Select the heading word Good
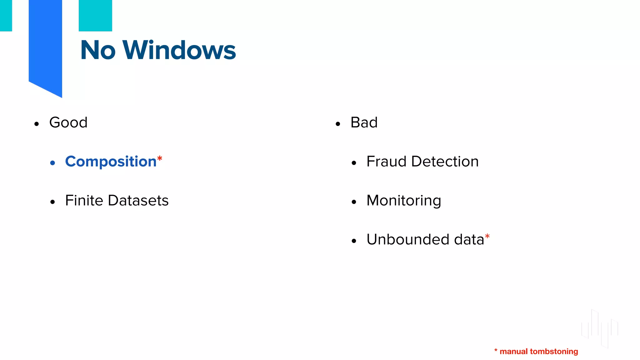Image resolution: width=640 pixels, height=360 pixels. tap(68, 122)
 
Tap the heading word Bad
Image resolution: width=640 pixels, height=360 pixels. tap(364, 122)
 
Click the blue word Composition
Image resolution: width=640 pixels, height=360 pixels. tap(111, 162)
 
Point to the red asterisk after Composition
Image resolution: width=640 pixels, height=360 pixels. tap(160, 158)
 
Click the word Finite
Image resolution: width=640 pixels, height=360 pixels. tap(84, 200)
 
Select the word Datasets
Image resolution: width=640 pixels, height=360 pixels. tap(138, 200)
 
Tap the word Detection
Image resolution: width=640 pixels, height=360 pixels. tap(445, 162)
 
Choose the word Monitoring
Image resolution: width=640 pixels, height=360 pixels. tap(404, 201)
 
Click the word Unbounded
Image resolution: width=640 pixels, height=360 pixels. tap(408, 239)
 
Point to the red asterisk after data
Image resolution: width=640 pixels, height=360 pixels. tap(487, 237)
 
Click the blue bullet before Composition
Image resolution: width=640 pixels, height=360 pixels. tap(52, 163)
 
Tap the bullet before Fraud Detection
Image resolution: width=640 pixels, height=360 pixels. tap(354, 163)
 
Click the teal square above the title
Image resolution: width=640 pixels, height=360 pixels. tap(95, 16)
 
